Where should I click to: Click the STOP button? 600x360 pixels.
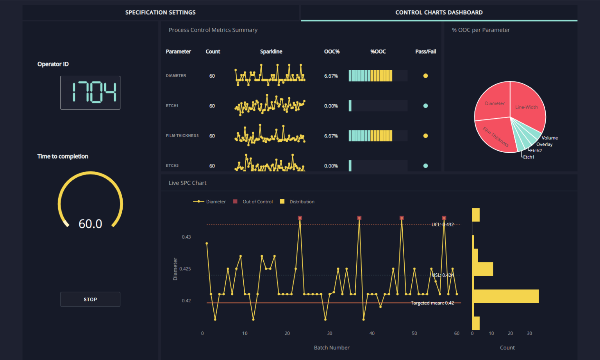90,299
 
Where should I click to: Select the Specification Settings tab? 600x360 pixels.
160,12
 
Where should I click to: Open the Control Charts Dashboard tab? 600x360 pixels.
439,12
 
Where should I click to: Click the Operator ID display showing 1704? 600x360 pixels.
90,93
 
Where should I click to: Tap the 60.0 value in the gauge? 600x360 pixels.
90,224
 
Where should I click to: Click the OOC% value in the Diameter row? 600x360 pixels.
331,76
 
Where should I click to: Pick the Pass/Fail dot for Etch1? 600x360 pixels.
425,106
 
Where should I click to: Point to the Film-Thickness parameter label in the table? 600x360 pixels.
182,136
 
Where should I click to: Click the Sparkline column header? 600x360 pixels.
271,52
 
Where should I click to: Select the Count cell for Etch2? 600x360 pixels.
212,166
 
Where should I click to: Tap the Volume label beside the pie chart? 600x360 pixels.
550,138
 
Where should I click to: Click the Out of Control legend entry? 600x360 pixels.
257,201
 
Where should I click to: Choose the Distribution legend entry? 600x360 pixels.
302,201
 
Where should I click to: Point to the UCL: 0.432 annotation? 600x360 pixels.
443,225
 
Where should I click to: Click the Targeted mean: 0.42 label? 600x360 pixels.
432,303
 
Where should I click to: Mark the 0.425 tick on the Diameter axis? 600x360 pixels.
185,269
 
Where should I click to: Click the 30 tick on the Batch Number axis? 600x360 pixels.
330,333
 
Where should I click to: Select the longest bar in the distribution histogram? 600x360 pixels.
505,296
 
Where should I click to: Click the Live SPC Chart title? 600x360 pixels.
187,183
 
